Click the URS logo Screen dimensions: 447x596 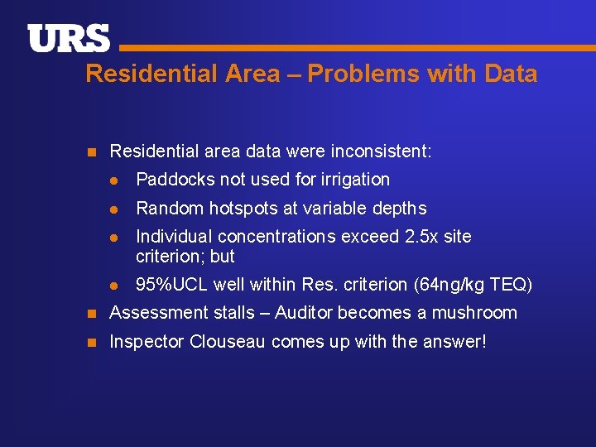pos(69,38)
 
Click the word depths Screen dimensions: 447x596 pos(399,209)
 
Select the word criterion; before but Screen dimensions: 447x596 pos(171,257)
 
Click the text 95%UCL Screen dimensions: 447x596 pos(171,286)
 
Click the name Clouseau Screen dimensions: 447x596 pos(218,341)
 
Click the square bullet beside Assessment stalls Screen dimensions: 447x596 pos(93,313)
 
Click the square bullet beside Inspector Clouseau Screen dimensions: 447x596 pos(93,341)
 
